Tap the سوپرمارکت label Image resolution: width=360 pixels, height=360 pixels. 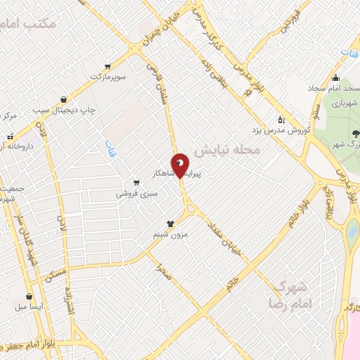click(x=108, y=76)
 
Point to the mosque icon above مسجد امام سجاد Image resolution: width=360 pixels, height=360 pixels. click(x=335, y=78)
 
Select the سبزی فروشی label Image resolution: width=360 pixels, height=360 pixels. click(x=138, y=191)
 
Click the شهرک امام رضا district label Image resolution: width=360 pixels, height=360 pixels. click(x=290, y=295)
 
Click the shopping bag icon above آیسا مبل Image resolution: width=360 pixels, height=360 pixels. click(x=30, y=296)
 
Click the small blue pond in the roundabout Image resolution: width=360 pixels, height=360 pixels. click(x=352, y=230)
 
